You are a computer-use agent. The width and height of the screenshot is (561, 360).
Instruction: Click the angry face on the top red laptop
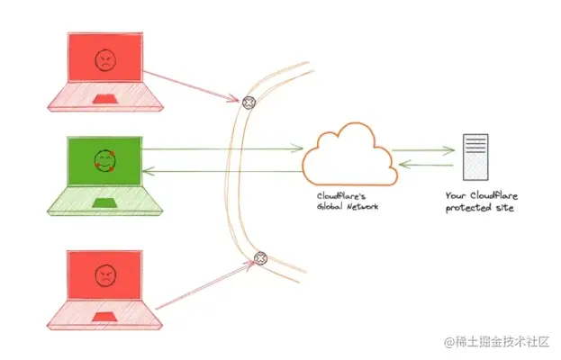point(105,61)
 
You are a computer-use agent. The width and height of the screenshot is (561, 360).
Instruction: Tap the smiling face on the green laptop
point(105,162)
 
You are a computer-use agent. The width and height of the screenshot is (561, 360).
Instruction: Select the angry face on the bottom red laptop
point(105,275)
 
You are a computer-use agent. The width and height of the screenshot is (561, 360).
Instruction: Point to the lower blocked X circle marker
point(260,258)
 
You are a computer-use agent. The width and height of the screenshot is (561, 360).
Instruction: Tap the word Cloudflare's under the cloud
point(339,195)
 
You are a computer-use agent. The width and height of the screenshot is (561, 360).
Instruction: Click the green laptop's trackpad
point(105,200)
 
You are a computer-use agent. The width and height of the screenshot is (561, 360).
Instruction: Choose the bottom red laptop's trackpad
point(105,313)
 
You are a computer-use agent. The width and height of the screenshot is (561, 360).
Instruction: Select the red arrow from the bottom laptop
point(203,286)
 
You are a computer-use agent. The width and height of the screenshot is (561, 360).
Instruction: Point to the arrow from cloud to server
point(423,150)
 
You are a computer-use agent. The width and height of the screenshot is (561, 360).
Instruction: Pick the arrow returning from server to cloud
point(423,164)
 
